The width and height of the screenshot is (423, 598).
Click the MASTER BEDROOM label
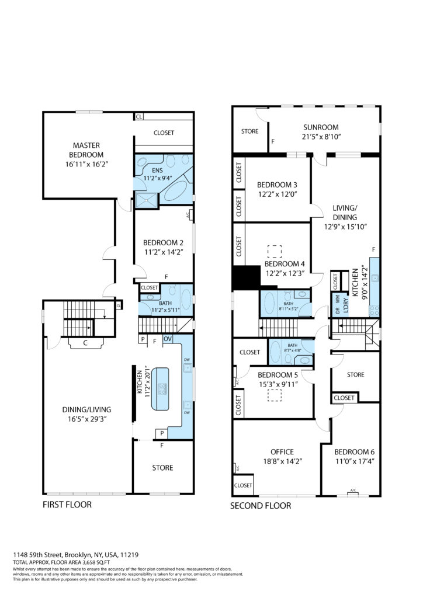point(86,150)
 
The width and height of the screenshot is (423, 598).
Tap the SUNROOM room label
point(321,127)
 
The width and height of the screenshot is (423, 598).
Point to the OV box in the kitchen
point(168,339)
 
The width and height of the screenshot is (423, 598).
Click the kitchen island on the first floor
point(160,389)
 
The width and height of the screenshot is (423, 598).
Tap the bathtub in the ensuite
point(176,192)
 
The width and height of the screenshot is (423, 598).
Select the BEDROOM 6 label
point(354,452)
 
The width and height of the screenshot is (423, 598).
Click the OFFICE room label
point(282,452)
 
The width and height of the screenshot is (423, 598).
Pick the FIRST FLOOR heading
point(67,505)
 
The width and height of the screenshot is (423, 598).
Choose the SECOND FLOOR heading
point(261,506)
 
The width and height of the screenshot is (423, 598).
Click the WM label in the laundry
point(337,298)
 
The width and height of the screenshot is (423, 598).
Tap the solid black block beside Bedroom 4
point(247,278)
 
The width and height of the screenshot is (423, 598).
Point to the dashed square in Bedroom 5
point(274,395)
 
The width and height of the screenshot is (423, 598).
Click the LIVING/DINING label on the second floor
point(345,213)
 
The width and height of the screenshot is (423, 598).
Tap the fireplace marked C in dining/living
point(85,342)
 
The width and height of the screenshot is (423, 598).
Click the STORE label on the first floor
point(162,468)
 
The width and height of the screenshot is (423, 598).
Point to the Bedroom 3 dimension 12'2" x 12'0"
point(278,194)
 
